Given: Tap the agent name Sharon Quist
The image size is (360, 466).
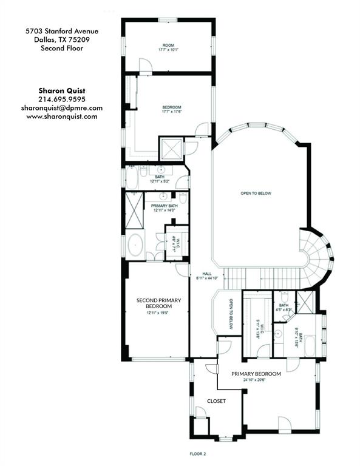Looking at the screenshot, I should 62,90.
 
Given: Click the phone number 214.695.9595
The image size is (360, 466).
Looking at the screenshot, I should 62,99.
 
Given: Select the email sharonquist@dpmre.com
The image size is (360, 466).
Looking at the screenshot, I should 62,107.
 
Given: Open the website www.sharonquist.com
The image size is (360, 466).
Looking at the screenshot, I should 62,116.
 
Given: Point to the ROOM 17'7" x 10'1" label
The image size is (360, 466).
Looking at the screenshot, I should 168,47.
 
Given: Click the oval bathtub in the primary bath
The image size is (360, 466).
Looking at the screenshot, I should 135,246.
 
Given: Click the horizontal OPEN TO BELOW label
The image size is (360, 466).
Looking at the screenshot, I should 256,194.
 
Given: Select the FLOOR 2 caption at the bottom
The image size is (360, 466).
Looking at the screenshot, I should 199,453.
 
